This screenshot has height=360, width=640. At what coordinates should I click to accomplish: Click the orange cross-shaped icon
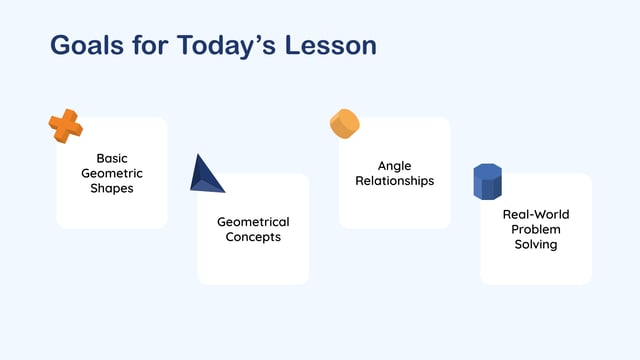tap(66, 127)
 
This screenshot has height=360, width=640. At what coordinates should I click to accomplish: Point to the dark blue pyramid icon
tap(206, 174)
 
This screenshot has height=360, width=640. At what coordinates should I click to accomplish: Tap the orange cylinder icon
tap(345, 124)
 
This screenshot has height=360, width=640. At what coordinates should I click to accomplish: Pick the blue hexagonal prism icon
tap(487, 182)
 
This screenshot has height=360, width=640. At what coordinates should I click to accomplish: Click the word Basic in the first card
tap(112, 158)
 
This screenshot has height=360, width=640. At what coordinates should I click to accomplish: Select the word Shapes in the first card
tap(112, 188)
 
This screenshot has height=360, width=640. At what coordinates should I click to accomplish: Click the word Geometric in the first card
tap(112, 173)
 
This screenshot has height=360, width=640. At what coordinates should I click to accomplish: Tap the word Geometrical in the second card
tap(253, 222)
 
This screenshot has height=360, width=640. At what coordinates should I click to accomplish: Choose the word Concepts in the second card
tap(253, 237)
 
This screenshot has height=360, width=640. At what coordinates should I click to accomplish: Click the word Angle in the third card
tap(394, 166)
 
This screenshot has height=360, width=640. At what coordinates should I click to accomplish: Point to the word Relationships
tap(394, 181)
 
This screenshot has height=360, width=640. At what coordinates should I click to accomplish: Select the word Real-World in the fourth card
tap(535, 215)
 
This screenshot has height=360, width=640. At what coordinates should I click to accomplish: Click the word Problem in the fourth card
tap(535, 230)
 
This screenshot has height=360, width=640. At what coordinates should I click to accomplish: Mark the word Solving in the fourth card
tap(535, 245)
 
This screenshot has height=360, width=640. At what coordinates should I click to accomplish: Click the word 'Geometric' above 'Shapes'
tap(112, 173)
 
